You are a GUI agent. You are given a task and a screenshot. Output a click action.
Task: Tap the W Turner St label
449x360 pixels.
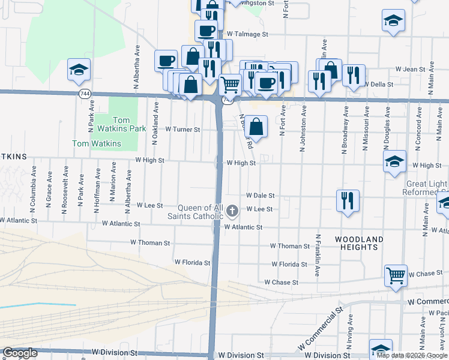pyautogui.click(x=182, y=129)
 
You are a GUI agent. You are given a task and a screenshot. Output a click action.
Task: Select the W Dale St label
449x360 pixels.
pyautogui.click(x=261, y=196)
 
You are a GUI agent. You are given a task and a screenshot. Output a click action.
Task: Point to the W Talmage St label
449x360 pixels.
pyautogui.click(x=247, y=34)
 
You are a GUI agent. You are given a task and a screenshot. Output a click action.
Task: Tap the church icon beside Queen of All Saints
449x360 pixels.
pyautogui.click(x=234, y=210)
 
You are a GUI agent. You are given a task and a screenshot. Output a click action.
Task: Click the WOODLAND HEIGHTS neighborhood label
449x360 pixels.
pyautogui.click(x=359, y=244)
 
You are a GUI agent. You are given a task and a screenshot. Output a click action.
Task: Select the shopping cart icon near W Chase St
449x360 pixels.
pyautogui.click(x=396, y=276)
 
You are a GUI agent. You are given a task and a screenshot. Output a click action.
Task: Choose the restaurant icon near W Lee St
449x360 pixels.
pyautogui.click(x=348, y=200)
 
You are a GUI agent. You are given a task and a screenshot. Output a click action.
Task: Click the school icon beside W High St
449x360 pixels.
pyautogui.click(x=394, y=161)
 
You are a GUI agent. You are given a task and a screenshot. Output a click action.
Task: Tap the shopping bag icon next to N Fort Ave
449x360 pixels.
pyautogui.click(x=256, y=126)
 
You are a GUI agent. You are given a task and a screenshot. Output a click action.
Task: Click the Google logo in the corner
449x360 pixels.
pyautogui.click(x=20, y=353)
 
